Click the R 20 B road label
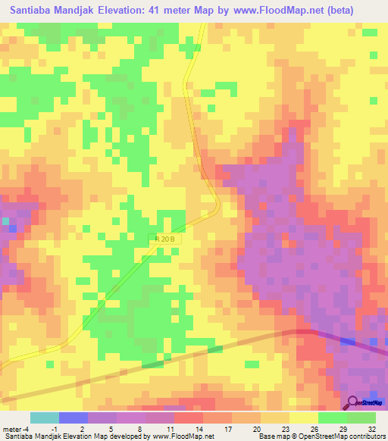(166, 239)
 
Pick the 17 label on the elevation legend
(227, 429)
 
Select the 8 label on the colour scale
(141, 429)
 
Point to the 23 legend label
(285, 429)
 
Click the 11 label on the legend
(170, 429)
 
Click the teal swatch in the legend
(45, 418)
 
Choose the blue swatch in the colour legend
(74, 418)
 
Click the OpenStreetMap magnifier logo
(353, 402)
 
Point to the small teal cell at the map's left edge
(5, 221)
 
